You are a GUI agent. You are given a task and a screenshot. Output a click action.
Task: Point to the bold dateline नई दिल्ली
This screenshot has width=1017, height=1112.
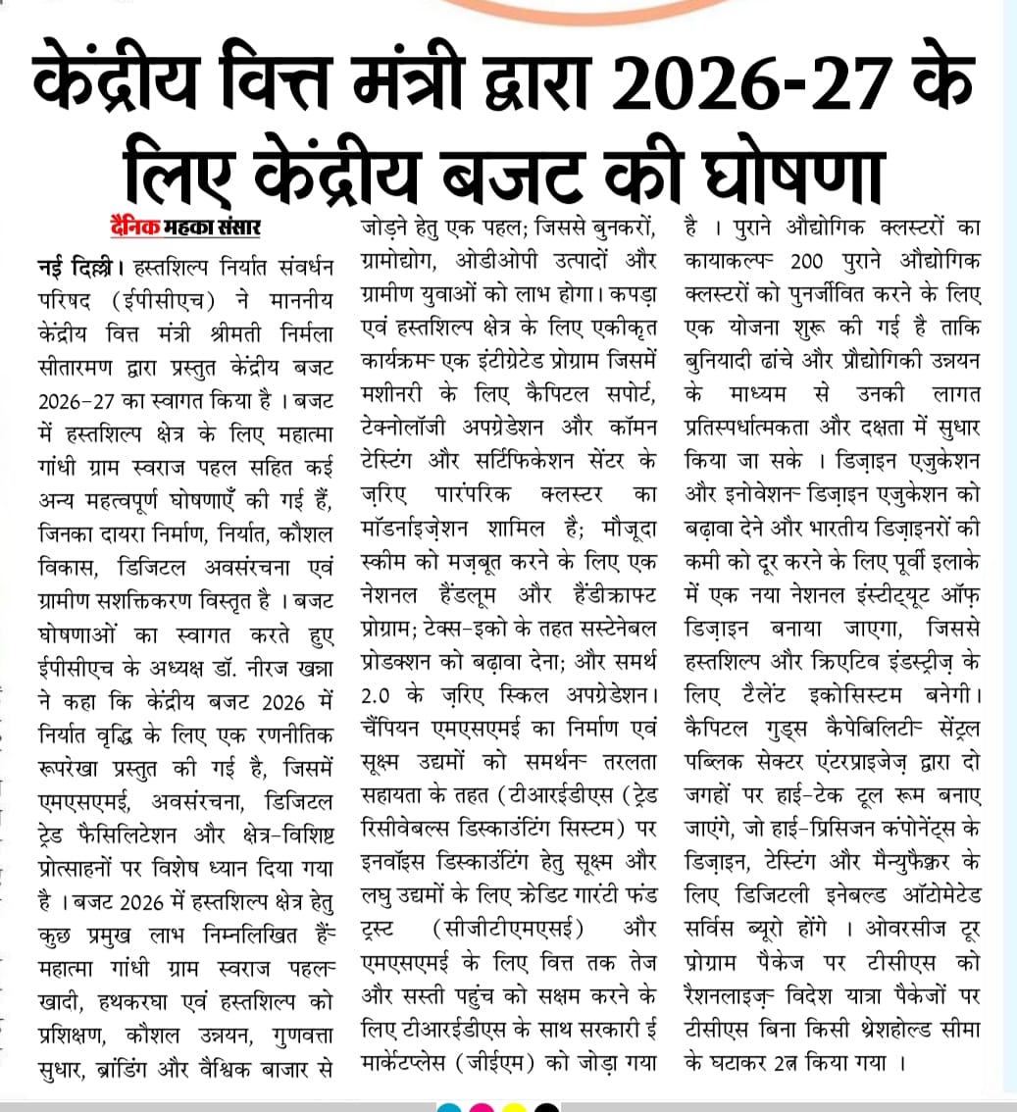(x=69, y=266)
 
